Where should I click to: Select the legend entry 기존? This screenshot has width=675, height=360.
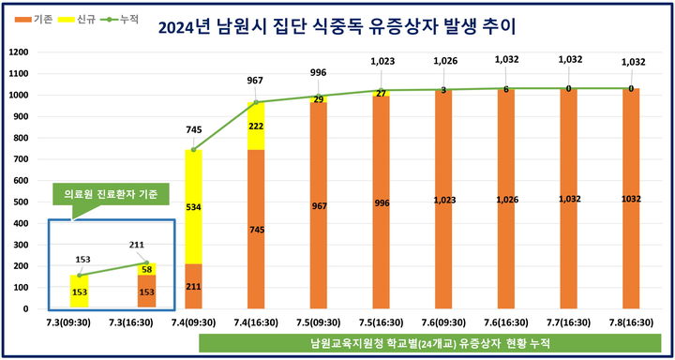click(37, 19)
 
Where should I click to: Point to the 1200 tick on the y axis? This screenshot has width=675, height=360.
click(18, 52)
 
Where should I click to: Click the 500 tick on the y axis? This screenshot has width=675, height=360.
click(21, 202)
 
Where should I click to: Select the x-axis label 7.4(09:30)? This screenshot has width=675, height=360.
click(193, 322)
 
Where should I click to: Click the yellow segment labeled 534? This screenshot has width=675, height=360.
click(193, 206)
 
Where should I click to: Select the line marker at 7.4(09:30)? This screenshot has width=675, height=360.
click(193, 149)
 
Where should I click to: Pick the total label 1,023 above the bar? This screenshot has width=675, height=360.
click(382, 62)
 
